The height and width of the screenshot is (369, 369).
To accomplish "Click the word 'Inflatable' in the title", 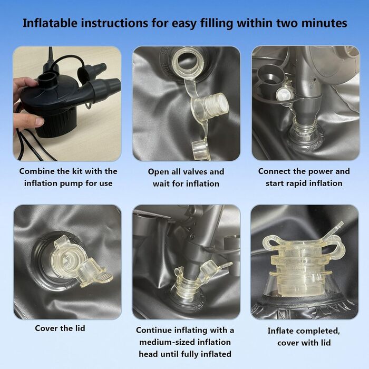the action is (x=50, y=23).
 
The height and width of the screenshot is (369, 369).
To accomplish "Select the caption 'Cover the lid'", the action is (x=60, y=328).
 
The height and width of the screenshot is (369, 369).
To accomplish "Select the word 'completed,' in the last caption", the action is (x=318, y=331).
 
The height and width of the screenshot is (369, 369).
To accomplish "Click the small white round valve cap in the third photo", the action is (x=284, y=94).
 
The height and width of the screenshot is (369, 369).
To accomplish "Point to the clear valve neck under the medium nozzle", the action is (x=187, y=288).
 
